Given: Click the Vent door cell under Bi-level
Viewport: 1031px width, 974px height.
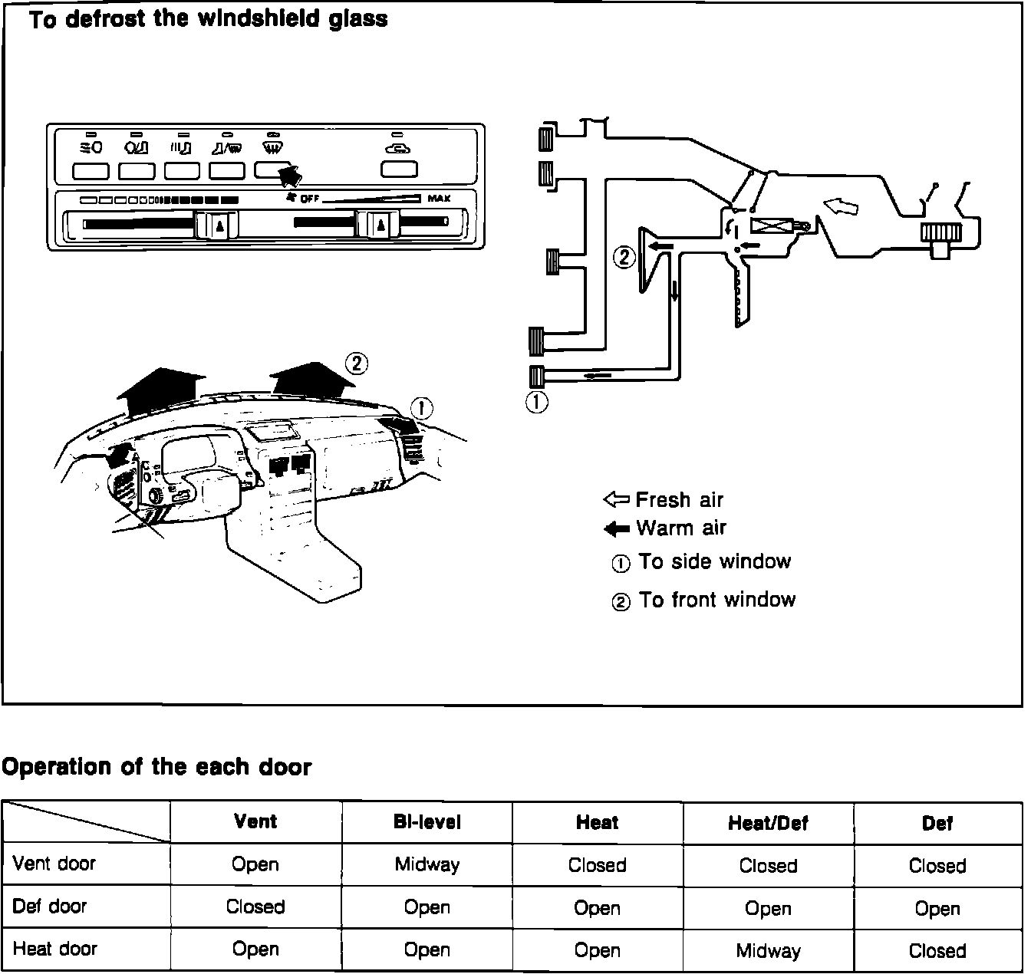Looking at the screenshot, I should pos(427,865).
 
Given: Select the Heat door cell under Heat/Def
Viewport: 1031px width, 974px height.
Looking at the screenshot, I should pos(768,951).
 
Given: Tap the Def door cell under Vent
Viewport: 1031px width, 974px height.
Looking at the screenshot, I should pos(255,907).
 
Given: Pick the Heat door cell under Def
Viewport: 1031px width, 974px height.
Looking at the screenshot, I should pos(937,951).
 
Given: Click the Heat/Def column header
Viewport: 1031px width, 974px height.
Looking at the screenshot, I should pos(768,824).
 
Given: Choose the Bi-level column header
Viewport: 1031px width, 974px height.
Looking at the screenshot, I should pos(427,823).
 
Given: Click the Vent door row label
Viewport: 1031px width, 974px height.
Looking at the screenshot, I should pos(54,864).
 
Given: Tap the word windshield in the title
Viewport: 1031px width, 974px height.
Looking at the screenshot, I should pos(259,19).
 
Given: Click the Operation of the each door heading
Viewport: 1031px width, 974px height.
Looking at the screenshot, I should pos(156,767).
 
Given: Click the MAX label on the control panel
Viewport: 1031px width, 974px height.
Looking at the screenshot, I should pos(439,199).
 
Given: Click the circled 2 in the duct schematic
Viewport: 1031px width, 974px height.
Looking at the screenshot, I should pos(624,257).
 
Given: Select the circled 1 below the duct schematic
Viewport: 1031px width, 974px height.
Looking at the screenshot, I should pos(537,401).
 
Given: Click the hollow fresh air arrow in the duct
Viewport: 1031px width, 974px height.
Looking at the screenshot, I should pos(841,206).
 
